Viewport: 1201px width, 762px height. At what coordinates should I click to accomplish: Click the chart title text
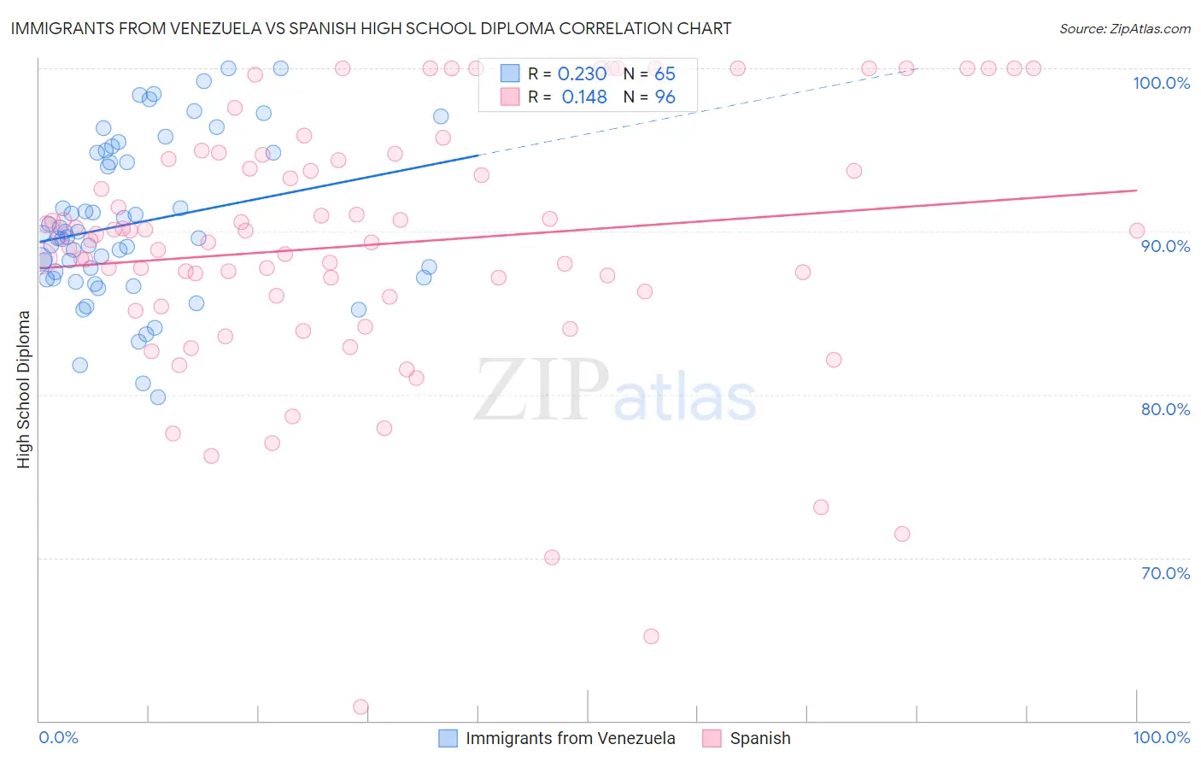point(371,28)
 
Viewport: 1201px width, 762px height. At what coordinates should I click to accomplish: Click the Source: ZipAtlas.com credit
point(1124,28)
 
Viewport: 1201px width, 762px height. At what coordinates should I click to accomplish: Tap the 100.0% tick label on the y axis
point(1161,83)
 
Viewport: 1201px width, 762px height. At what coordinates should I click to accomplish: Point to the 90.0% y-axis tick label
point(1165,246)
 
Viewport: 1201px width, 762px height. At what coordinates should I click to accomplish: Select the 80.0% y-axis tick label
point(1165,409)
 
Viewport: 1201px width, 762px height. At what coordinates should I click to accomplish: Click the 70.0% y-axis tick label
point(1165,573)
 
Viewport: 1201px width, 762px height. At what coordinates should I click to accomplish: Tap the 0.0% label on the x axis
point(58,737)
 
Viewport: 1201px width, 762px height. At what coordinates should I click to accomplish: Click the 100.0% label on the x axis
point(1161,737)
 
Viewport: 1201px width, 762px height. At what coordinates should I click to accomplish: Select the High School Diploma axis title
point(24,389)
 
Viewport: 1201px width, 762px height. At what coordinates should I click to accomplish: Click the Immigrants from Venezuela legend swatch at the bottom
point(448,738)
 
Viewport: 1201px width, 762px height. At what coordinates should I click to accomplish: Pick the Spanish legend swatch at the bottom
point(712,738)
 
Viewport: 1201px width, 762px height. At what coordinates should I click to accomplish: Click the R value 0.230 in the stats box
point(582,74)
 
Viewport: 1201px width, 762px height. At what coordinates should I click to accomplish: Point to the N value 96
point(665,97)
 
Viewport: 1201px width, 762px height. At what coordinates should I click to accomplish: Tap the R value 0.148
point(584,97)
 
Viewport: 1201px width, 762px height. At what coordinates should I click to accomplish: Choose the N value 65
point(665,74)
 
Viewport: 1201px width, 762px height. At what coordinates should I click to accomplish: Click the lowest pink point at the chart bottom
point(360,707)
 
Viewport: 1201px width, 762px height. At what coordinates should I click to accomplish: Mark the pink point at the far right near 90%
point(1136,231)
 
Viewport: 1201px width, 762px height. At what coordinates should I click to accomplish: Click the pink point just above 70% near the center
point(552,557)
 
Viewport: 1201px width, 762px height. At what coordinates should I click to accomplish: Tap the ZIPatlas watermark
point(615,391)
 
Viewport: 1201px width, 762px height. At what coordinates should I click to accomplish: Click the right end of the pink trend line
point(1137,190)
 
